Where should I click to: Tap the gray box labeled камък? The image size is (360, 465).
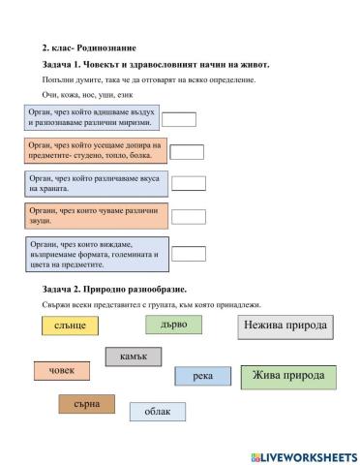click(x=133, y=356)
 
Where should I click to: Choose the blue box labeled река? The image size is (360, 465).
click(x=202, y=376)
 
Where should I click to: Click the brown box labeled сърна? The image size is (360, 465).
click(x=86, y=403)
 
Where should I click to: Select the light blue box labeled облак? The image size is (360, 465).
click(x=157, y=411)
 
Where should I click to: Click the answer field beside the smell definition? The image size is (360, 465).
click(x=179, y=119)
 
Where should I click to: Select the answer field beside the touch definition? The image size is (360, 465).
click(x=187, y=151)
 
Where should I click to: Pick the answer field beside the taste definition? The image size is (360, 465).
click(x=189, y=183)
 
